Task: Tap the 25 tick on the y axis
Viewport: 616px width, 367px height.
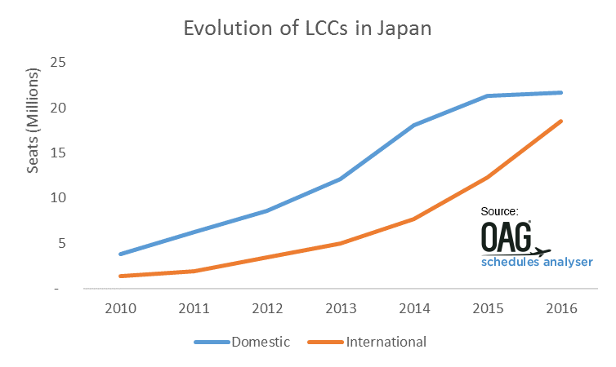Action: [x=58, y=63]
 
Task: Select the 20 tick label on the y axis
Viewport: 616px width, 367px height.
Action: [x=58, y=108]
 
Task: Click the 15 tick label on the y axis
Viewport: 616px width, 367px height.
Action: [x=58, y=153]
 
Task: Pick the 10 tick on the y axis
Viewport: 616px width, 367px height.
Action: [x=58, y=197]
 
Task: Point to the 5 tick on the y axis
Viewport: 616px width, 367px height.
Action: [x=61, y=243]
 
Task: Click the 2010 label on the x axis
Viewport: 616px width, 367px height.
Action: [x=120, y=309]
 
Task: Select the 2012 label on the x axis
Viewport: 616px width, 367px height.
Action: [x=267, y=309]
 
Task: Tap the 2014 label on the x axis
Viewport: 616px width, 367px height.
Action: [x=414, y=309]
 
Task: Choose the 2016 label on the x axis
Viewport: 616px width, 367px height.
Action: [x=560, y=309]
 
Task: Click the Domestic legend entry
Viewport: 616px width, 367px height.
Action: [x=242, y=342]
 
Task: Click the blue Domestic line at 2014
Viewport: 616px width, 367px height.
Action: [x=414, y=125]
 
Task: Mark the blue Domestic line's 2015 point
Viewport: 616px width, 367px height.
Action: [x=488, y=96]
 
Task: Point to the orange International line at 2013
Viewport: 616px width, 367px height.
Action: [x=341, y=243]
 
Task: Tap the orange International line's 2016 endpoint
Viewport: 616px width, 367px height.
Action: [x=560, y=122]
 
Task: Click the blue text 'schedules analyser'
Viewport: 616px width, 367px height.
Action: [x=537, y=262]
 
